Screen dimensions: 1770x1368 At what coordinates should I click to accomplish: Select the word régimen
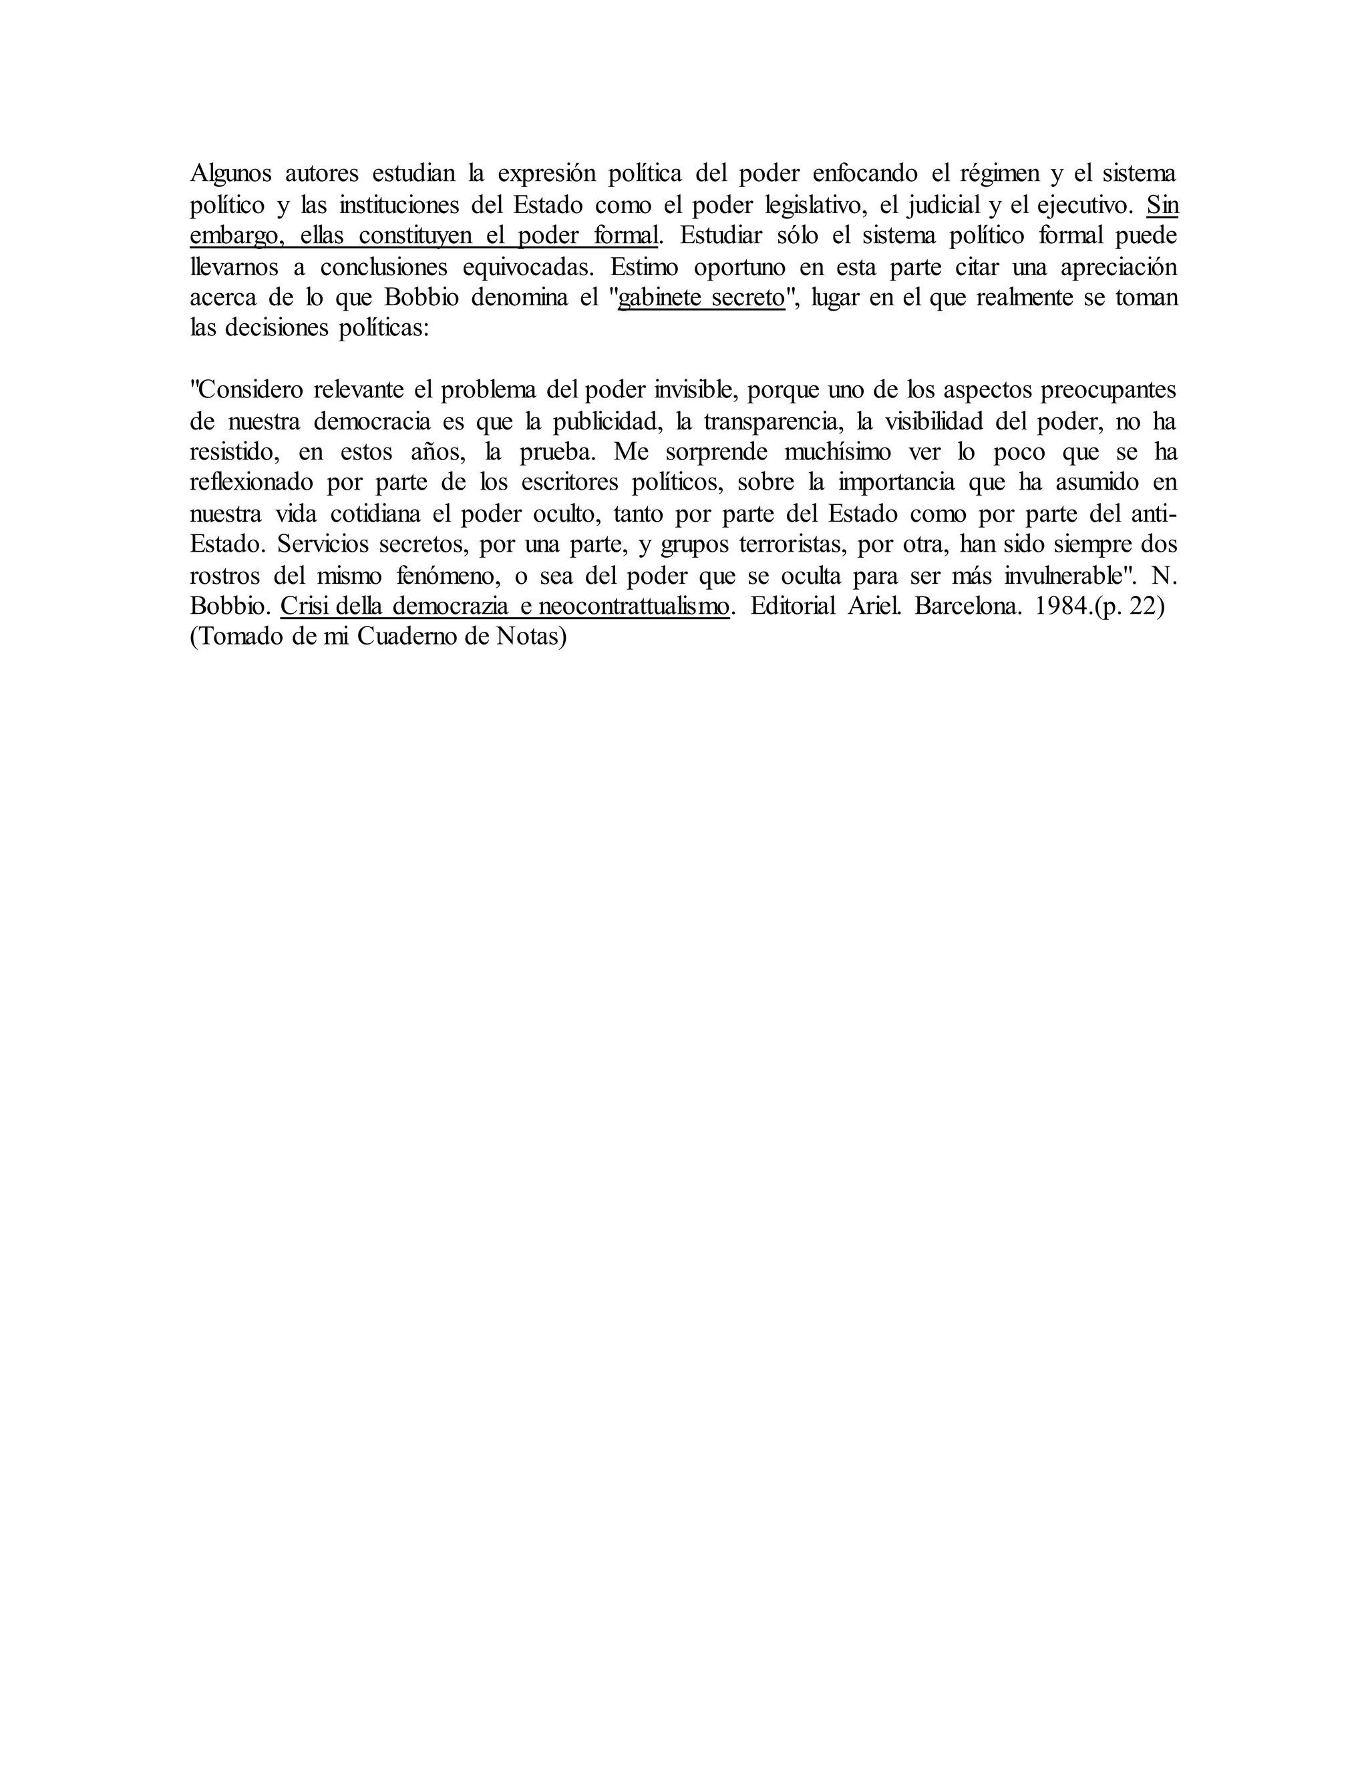tap(999, 174)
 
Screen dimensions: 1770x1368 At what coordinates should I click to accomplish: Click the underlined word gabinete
tap(658, 297)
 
